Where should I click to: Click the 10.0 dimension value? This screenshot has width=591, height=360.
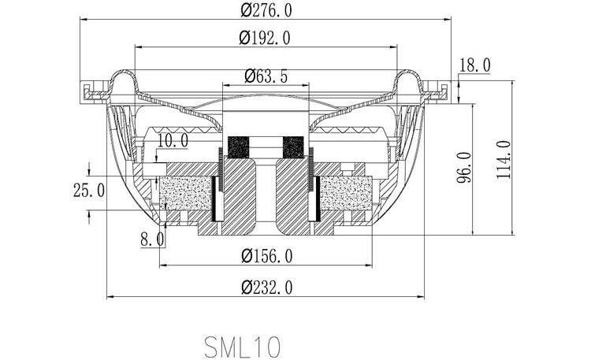pos(173,142)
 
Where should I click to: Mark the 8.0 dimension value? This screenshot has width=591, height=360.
pos(152,239)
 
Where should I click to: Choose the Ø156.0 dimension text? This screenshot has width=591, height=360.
pos(266,256)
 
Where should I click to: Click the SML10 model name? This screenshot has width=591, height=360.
pos(242,345)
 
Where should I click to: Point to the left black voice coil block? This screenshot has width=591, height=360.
pos(236,147)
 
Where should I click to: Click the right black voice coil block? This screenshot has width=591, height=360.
pos(293,147)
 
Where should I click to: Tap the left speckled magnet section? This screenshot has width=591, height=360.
pos(186,194)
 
